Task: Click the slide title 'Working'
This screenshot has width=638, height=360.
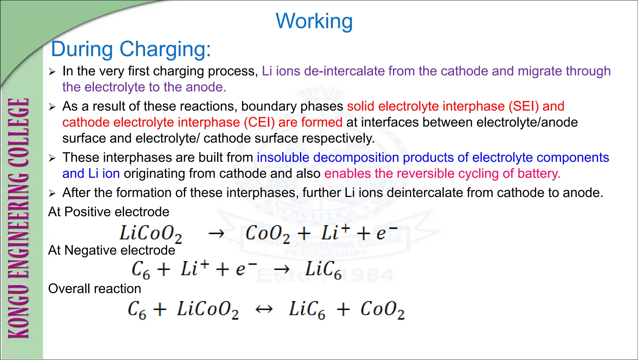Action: [x=314, y=21]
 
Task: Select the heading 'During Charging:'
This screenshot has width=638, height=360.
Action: [x=131, y=49]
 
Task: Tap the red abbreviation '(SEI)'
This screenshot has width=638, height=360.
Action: [x=524, y=106]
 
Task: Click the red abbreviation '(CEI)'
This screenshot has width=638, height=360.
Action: [x=259, y=122]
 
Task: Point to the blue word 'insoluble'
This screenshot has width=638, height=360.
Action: [x=283, y=157]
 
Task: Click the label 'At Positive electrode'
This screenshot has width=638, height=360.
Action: [x=109, y=212]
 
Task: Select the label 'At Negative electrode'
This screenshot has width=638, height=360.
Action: [x=112, y=250]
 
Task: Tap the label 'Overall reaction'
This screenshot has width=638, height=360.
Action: [x=95, y=289]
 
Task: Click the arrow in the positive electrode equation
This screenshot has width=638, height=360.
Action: [x=216, y=233]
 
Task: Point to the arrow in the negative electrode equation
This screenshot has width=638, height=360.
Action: [x=282, y=269]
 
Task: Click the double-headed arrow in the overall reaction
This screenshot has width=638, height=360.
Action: [x=264, y=309]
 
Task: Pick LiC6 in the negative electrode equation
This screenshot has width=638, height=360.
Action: [x=323, y=270]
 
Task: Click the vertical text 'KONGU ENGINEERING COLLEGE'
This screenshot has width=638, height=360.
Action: [x=19, y=218]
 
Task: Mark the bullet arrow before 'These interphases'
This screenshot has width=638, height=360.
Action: [x=52, y=158]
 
